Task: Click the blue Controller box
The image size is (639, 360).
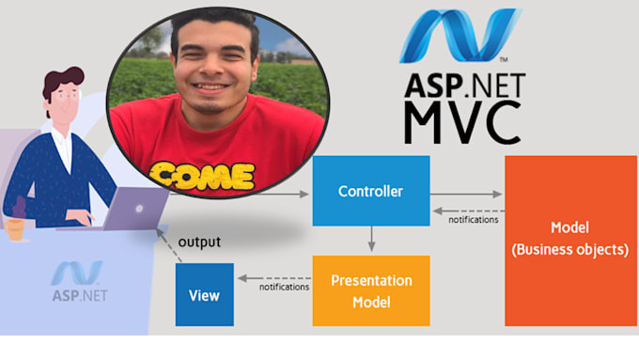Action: (371, 191)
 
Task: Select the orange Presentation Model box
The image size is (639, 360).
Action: (371, 290)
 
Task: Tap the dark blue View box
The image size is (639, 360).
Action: (205, 294)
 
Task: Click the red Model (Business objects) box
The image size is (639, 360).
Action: (570, 241)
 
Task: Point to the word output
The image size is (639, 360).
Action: (199, 242)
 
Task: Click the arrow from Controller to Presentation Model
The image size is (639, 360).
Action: (371, 239)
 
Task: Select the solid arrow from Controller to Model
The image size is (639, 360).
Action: (466, 194)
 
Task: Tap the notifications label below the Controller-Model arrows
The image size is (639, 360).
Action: (473, 220)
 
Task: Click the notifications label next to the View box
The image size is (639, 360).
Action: (284, 287)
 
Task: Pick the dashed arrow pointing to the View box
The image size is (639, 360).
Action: (274, 278)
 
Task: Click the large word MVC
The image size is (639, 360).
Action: (462, 122)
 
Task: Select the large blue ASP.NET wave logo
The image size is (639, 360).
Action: (460, 36)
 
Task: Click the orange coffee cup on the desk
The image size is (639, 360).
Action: (15, 229)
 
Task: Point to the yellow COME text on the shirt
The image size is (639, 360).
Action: (202, 176)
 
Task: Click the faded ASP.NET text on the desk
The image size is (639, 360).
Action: (80, 295)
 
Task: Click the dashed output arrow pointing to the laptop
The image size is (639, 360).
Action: (169, 244)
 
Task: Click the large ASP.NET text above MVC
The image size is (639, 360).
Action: (464, 86)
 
